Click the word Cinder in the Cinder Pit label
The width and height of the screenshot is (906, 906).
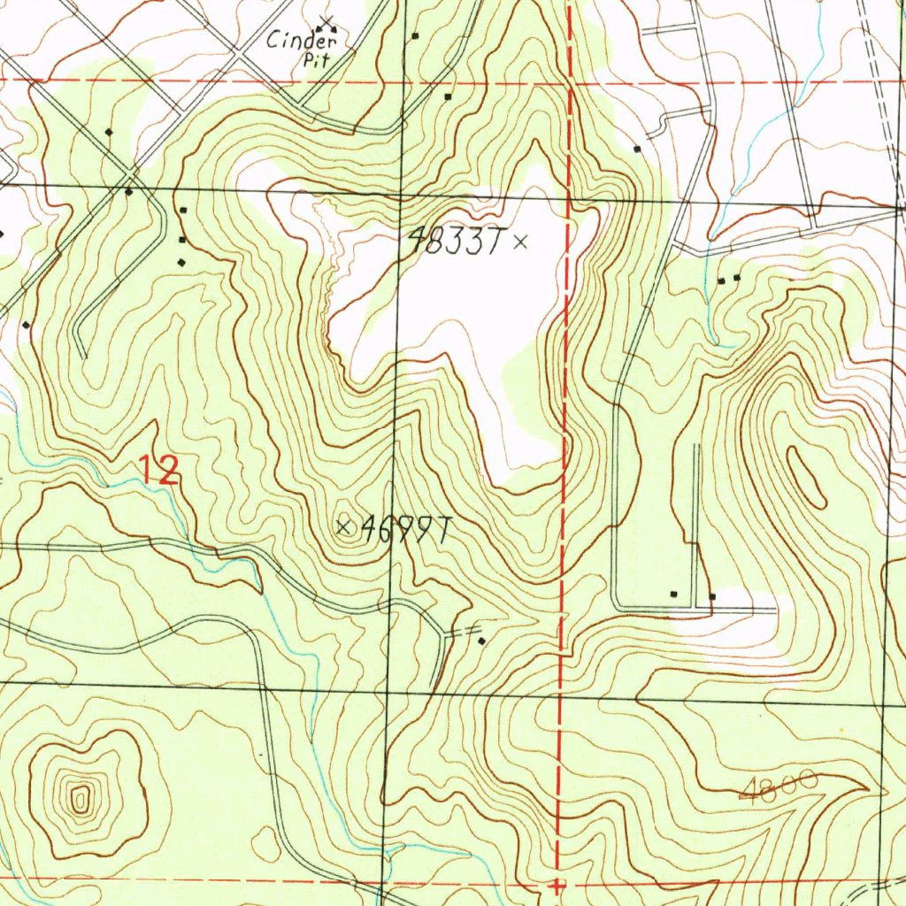[x=303, y=40]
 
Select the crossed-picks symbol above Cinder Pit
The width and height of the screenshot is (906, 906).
[x=326, y=20]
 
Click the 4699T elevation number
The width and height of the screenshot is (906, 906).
[x=407, y=528]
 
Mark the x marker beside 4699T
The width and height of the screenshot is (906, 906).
[x=344, y=527]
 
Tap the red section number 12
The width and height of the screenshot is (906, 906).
[x=160, y=470]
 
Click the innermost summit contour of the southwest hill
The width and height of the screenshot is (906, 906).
[x=80, y=802]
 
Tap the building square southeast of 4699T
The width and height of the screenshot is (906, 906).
[x=481, y=640]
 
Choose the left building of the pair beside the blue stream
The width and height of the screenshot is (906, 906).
[x=721, y=280]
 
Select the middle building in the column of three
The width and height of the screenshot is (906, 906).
[x=182, y=240]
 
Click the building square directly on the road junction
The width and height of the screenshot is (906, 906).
[x=129, y=191]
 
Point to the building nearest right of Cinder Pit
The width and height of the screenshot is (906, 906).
[x=414, y=36]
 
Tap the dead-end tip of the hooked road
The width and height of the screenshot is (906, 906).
[x=84, y=357]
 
